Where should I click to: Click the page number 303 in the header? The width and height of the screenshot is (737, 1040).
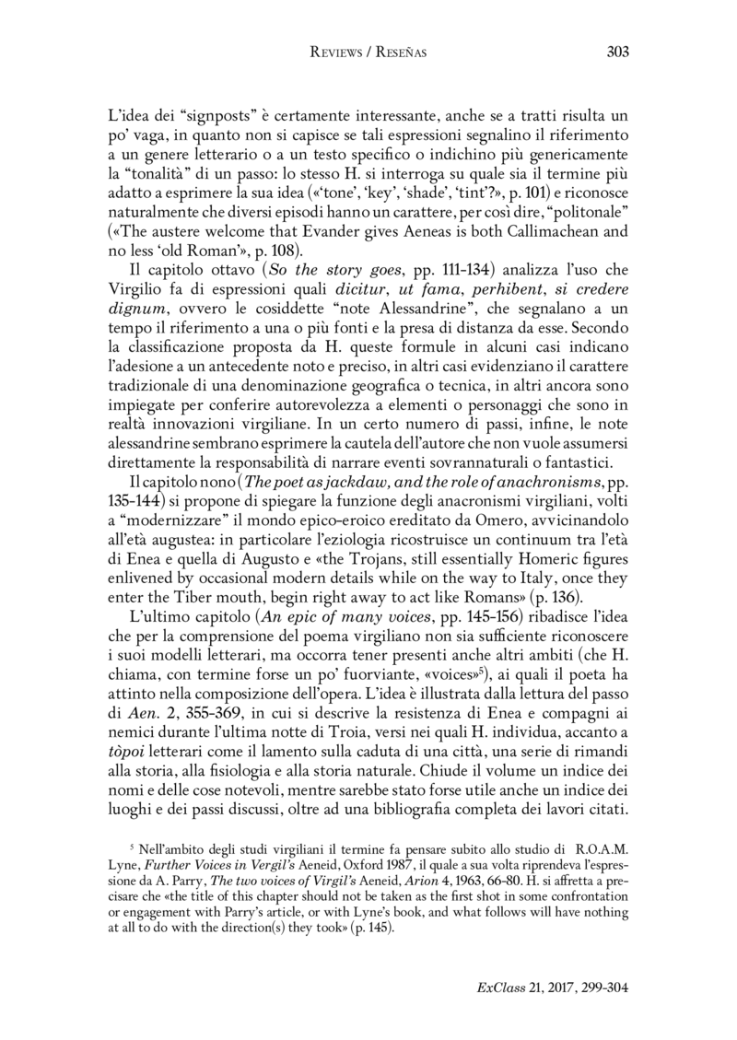pos(618,53)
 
